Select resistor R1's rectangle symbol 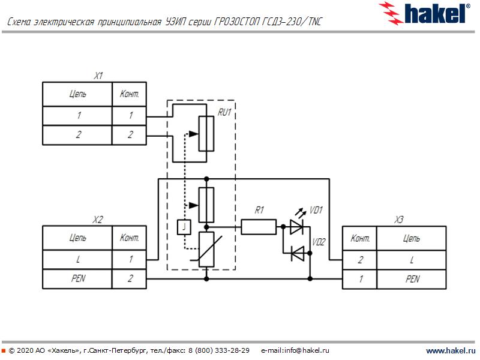coord(259,227)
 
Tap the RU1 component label coord(224,112)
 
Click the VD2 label coord(319,242)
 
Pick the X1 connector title coord(98,76)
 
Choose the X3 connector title coord(398,220)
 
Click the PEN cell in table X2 coord(77,279)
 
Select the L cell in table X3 coord(412,260)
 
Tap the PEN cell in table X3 coord(412,279)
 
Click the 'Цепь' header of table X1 coord(77,94)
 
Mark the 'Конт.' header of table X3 coord(359,238)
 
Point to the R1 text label coord(259,210)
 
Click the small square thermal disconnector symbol coord(184,227)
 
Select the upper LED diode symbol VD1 coord(297,227)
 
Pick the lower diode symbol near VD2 coord(297,254)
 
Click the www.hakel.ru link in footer coord(450,350)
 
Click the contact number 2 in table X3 coord(359,260)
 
